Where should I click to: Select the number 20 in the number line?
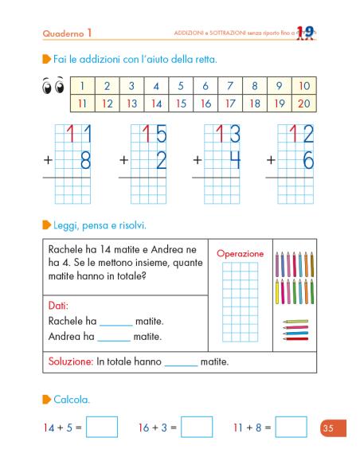[303, 103]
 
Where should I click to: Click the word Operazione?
[240, 253]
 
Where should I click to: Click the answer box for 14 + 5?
[101, 428]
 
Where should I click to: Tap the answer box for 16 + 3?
[196, 428]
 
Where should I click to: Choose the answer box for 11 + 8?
[290, 428]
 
